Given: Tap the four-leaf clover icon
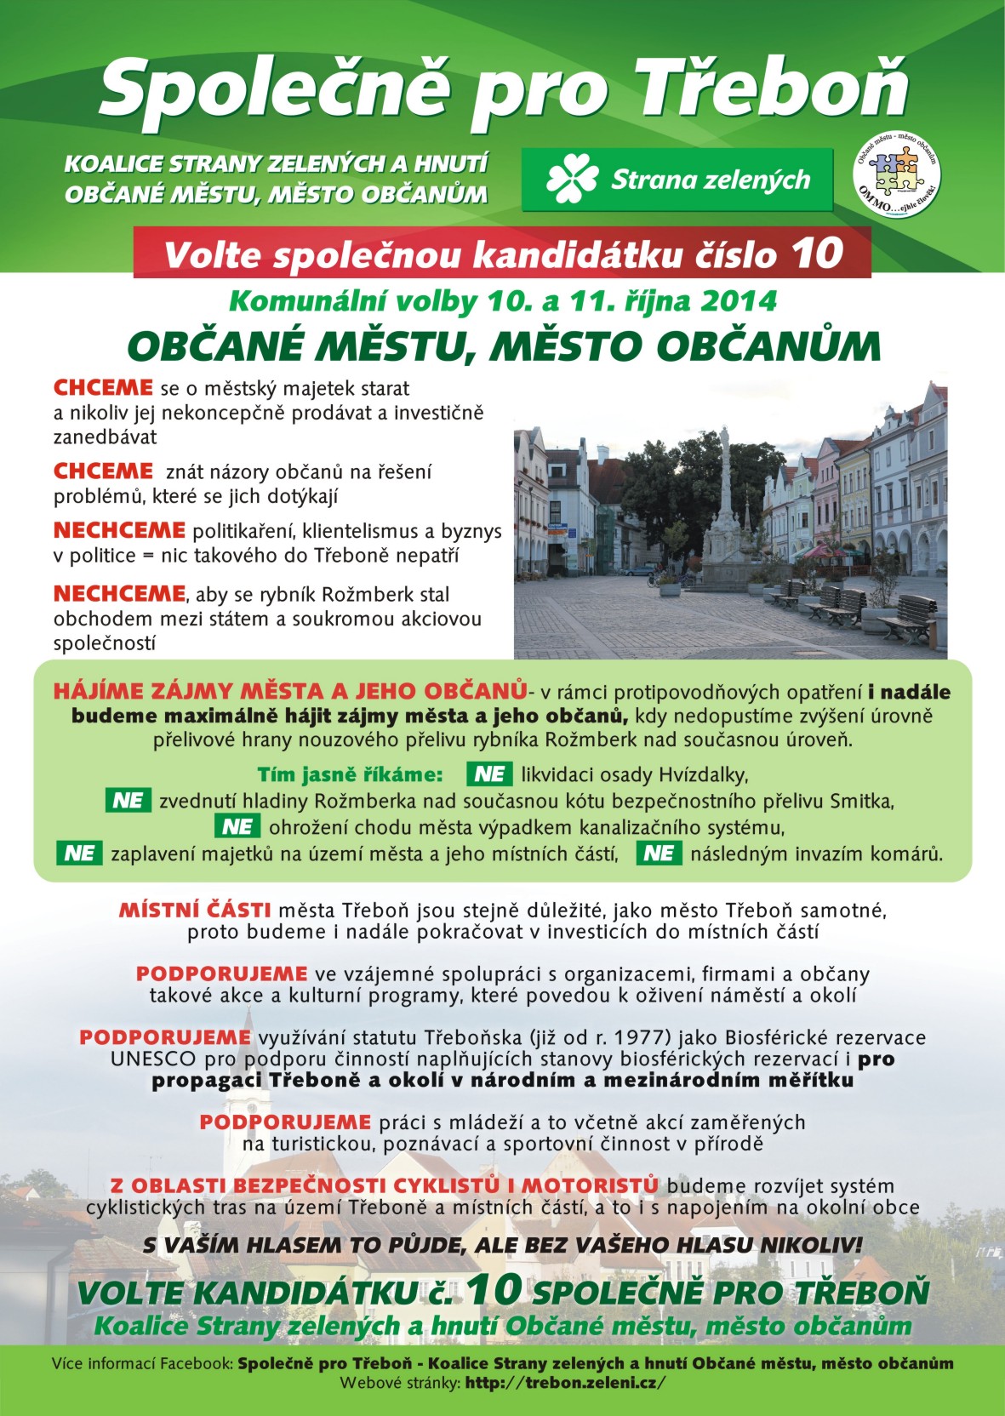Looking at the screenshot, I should (x=573, y=180).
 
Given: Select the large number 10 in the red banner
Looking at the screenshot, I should (x=816, y=254).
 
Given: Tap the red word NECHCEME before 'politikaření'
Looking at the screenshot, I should (x=119, y=530).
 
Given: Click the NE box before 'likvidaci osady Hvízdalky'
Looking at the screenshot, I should (x=489, y=774).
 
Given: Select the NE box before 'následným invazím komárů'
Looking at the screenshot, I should (x=659, y=854).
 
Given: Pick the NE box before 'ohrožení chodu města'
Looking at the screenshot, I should (x=237, y=827).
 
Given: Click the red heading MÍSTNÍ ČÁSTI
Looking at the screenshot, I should (x=195, y=911).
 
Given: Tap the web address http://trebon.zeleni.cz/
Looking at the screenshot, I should (x=564, y=1383).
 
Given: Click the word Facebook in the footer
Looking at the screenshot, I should (x=196, y=1363).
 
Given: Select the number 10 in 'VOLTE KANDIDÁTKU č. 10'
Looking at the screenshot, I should (x=493, y=1290).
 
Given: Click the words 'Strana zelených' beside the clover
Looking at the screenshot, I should (x=711, y=180).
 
